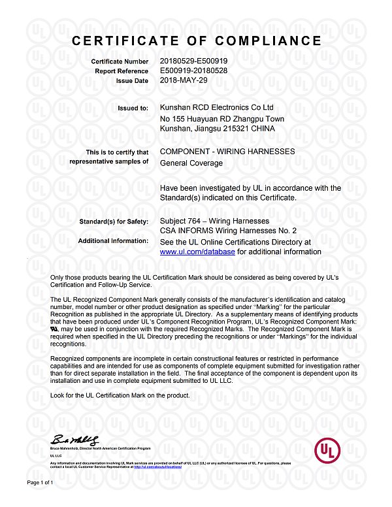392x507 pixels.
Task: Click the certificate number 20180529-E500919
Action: pyautogui.click(x=193, y=61)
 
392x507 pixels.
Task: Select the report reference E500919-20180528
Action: pyautogui.click(x=193, y=71)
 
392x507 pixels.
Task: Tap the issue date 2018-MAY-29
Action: pyautogui.click(x=186, y=80)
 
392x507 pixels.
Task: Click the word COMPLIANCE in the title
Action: pyautogui.click(x=265, y=41)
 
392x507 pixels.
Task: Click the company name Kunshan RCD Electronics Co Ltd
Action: pyautogui.click(x=216, y=107)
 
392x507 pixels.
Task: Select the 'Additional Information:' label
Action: pyautogui.click(x=113, y=241)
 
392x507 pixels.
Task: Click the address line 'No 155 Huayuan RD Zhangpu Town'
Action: pyautogui.click(x=221, y=118)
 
